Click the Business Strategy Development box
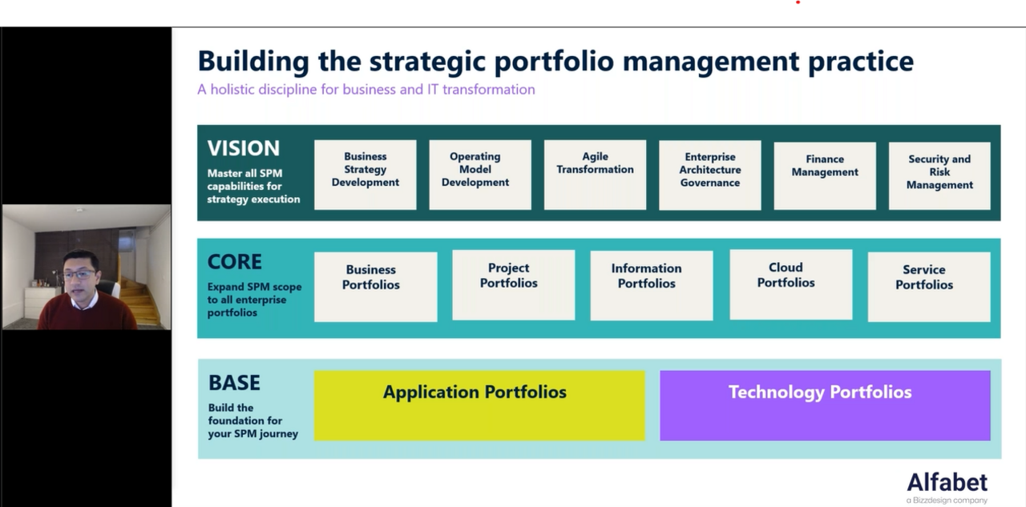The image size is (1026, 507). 365,175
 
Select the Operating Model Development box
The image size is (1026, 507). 480,175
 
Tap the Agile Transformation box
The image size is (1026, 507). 595,175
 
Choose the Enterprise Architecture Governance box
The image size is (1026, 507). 710,175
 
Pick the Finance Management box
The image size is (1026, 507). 825,175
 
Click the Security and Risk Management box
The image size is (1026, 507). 939,175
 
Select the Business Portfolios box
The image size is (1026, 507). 376,287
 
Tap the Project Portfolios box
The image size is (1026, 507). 514,285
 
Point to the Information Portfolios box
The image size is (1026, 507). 652,285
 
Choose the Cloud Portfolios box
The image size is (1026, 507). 791,284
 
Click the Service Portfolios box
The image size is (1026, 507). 929,287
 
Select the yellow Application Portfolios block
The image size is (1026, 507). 479,406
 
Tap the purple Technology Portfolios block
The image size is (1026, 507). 825,406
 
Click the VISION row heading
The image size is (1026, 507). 243,148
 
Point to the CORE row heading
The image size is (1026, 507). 235,262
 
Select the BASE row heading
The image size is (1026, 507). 234,383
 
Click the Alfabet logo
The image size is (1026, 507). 947,488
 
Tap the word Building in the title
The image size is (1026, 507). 253,62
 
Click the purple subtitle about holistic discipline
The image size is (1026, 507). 366,89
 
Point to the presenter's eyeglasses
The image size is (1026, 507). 81,275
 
